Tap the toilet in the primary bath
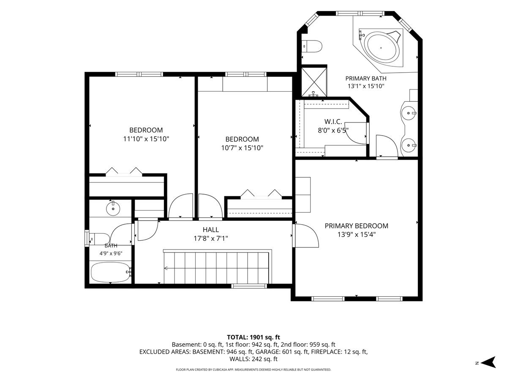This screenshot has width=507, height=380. tap(312, 46)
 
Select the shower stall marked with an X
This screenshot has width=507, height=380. tap(314, 82)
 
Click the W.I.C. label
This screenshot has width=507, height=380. tap(333, 122)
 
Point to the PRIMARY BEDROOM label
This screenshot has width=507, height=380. tap(357, 226)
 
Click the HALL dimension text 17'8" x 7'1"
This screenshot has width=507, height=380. tap(211, 238)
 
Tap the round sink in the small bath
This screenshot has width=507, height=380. tap(113, 209)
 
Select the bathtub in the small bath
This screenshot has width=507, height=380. tap(111, 272)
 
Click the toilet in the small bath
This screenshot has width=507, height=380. tap(99, 239)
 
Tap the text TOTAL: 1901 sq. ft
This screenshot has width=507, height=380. tap(253, 337)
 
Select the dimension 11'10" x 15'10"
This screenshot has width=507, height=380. tap(146, 139)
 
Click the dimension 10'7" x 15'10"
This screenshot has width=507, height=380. tap(242, 148)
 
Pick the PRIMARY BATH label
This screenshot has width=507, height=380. tap(366, 79)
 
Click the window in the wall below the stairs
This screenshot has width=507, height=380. tap(249, 286)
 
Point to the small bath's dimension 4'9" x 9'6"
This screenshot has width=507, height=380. tap(111, 254)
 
